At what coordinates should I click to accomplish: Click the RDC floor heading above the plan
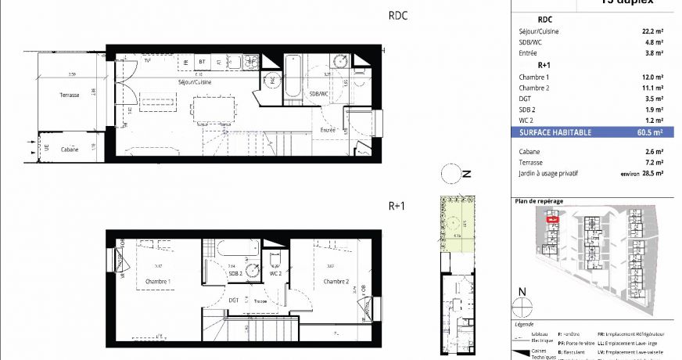pyautogui.click(x=399, y=15)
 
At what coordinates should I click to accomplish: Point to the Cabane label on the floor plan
pyautogui.click(x=70, y=149)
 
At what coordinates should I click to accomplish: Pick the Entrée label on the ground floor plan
pyautogui.click(x=328, y=130)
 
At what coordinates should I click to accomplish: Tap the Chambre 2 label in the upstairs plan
pyautogui.click(x=336, y=282)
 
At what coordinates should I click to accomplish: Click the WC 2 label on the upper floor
pyautogui.click(x=275, y=273)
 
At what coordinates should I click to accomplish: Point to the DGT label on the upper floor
pyautogui.click(x=234, y=300)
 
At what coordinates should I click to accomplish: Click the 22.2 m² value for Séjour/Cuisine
pyautogui.click(x=652, y=31)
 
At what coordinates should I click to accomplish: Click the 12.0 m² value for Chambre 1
pyautogui.click(x=652, y=77)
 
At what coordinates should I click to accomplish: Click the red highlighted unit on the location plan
pyautogui.click(x=552, y=220)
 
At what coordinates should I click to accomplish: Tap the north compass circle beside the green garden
pyautogui.click(x=450, y=174)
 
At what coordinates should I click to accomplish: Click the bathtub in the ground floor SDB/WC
pyautogui.click(x=293, y=79)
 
